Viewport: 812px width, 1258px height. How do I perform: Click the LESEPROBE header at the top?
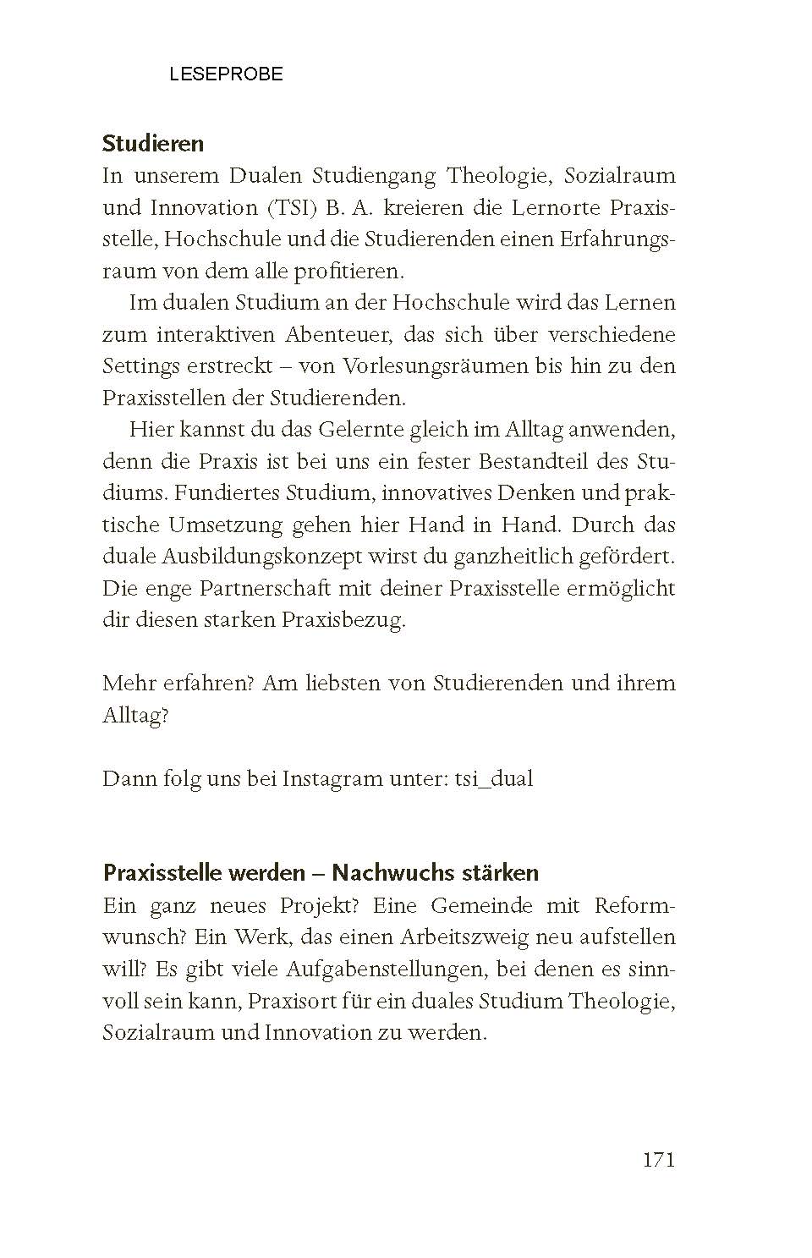(226, 74)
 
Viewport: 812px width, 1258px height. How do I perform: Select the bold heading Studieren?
(153, 144)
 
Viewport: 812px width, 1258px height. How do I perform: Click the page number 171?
(659, 1160)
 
